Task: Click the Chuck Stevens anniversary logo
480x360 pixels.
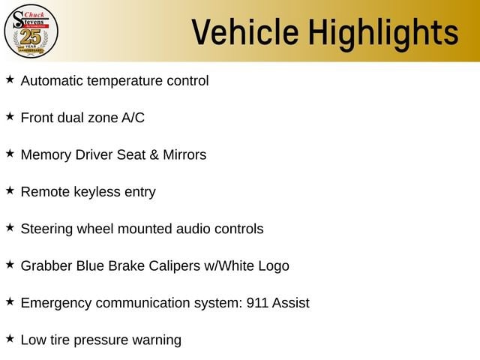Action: (x=31, y=31)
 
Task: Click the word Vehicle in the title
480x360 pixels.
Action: (x=245, y=32)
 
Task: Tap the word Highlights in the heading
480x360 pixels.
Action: (x=383, y=34)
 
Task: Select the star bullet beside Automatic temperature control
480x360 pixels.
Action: (x=10, y=79)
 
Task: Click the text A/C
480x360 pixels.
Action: (x=133, y=118)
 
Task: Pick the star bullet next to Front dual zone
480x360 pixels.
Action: (x=10, y=117)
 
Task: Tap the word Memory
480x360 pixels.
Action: (x=46, y=155)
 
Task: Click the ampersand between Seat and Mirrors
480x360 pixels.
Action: (x=154, y=155)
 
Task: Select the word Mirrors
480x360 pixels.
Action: (x=184, y=155)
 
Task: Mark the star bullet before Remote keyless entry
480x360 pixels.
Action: (x=10, y=190)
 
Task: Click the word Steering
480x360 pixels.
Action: (x=46, y=229)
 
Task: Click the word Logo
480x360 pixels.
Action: (x=274, y=267)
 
